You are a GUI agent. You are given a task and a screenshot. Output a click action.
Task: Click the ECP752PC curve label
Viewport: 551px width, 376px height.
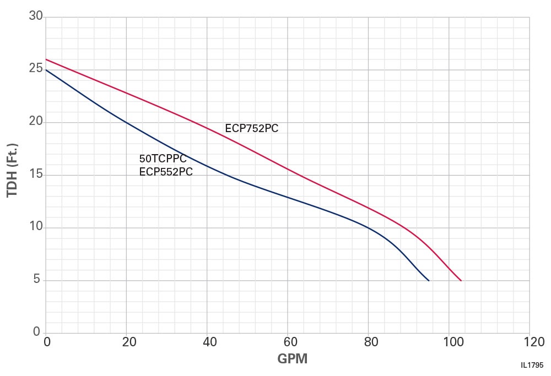252,129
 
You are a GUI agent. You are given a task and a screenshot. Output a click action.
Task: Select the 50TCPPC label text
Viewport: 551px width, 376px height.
163,160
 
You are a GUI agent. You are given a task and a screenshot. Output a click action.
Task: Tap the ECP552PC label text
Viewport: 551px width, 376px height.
166,171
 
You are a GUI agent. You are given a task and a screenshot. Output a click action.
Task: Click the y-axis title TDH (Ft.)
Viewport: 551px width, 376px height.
12,171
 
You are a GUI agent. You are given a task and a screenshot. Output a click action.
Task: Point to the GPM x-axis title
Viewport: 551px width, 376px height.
292,359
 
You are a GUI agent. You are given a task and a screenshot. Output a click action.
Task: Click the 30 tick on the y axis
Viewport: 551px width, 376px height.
36,16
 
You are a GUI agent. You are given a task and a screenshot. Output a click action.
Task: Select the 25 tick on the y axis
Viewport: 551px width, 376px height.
36,69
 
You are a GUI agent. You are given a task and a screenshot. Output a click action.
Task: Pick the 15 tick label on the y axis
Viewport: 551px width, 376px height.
36,175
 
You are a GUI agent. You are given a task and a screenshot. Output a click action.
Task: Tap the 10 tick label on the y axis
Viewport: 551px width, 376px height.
36,227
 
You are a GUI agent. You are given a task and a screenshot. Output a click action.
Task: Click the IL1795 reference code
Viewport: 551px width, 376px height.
532,365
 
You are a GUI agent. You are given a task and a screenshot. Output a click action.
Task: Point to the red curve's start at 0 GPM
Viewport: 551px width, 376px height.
46,59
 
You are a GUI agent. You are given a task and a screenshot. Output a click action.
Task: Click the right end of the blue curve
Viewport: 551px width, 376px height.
429,281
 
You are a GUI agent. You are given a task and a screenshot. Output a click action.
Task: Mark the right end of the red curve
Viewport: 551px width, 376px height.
461,281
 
